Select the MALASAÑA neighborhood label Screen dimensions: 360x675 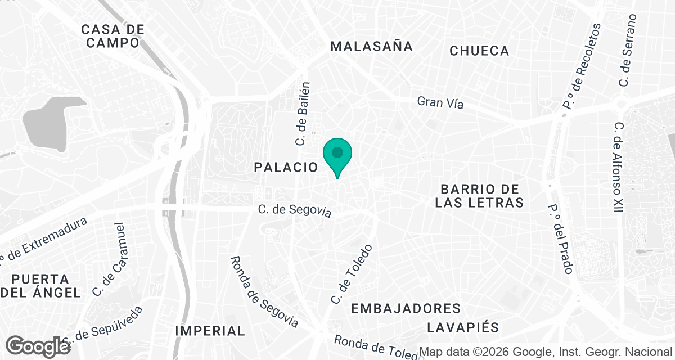[372, 47]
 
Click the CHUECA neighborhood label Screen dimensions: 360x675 [480, 51]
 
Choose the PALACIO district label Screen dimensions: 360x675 [286, 167]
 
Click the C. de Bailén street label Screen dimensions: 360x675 [303, 115]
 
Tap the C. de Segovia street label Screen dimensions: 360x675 [295, 210]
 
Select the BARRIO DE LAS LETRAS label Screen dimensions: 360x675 [479, 196]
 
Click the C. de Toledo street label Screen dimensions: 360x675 [352, 274]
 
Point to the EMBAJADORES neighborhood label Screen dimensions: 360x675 [406, 308]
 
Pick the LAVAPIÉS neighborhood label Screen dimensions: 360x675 [463, 327]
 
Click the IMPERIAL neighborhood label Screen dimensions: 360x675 [210, 331]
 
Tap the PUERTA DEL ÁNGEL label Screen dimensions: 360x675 [40, 286]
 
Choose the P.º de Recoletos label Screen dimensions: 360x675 [585, 66]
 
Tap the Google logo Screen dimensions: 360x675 [38, 346]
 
